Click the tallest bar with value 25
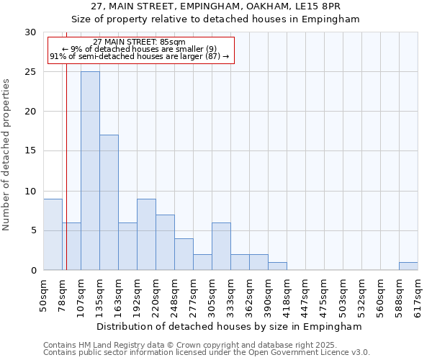pyautogui.click(x=90, y=171)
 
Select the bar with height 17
pyautogui.click(x=109, y=202)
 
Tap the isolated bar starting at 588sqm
pyautogui.click(x=408, y=266)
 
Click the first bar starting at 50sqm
pyautogui.click(x=53, y=234)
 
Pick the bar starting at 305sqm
pyautogui.click(x=221, y=246)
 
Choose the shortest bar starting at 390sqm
pyautogui.click(x=277, y=266)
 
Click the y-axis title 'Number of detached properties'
pyautogui.click(x=7, y=155)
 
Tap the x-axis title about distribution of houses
pyautogui.click(x=230, y=326)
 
